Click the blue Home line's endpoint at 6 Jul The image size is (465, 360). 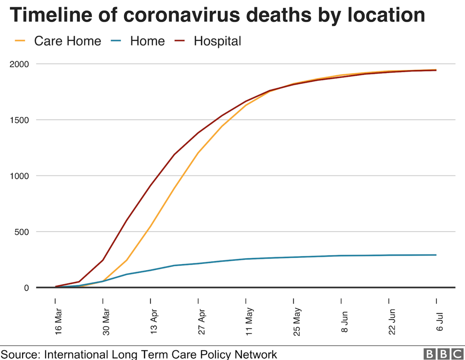pos(436,255)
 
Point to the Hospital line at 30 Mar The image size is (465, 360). pos(103,260)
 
